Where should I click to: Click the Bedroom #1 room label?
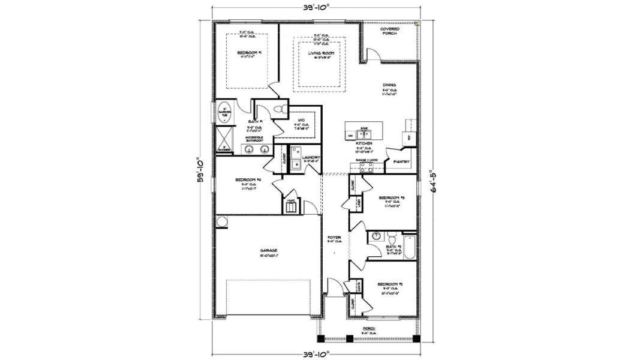click(x=248, y=53)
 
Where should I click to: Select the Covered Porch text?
click(x=390, y=31)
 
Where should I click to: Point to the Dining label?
click(x=389, y=85)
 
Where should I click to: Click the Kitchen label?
click(x=364, y=143)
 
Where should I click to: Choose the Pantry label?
click(x=401, y=161)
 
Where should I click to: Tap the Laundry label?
click(x=312, y=157)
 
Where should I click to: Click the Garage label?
click(x=268, y=250)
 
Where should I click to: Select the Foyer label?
click(x=334, y=238)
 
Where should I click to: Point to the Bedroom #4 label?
click(x=248, y=180)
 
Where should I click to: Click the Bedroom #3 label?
click(x=391, y=197)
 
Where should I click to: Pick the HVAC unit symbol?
click(x=291, y=208)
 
